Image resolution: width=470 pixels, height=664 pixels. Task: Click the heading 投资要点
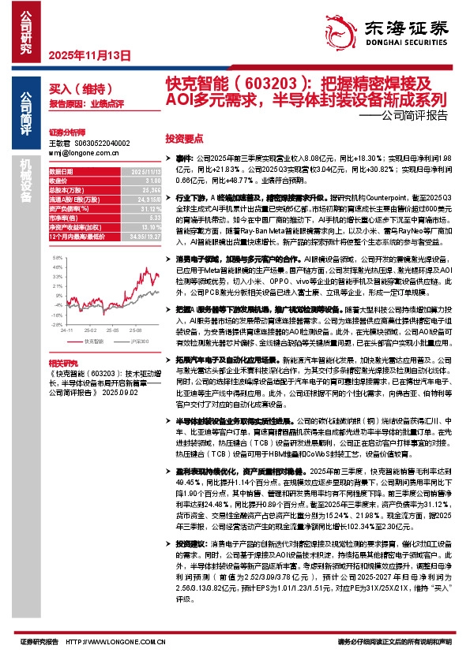click(184, 136)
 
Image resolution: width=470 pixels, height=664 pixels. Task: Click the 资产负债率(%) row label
click(67, 209)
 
